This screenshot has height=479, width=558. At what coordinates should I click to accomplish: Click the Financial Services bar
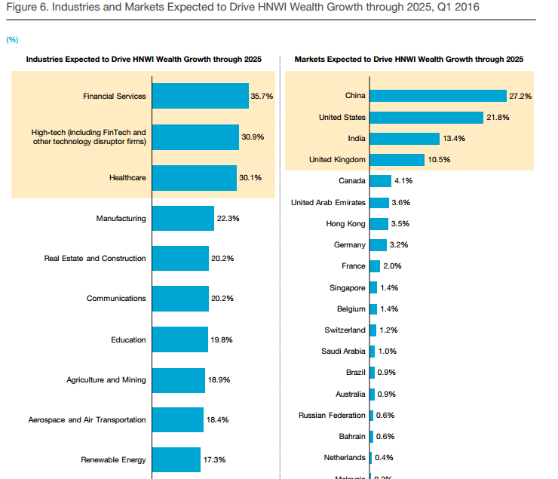point(201,96)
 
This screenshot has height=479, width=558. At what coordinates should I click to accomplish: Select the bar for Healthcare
point(195,178)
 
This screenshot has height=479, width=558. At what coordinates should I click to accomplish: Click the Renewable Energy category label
point(113,459)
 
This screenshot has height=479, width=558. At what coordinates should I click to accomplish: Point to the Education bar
point(180,339)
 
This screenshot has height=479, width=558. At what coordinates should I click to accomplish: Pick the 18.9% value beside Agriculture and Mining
point(219,380)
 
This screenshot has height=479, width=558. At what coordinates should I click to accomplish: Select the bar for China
point(437,96)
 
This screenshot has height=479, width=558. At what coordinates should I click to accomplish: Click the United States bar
point(426,118)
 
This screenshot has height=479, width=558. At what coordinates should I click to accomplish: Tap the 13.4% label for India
point(453,139)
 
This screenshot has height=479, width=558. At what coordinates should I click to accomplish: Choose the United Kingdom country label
point(337,160)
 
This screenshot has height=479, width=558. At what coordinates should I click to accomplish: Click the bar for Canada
point(380,181)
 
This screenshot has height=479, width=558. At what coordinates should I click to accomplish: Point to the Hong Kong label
point(346,224)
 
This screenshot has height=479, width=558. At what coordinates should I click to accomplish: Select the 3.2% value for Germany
point(400,245)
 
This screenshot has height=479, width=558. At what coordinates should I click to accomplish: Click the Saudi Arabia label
point(343,352)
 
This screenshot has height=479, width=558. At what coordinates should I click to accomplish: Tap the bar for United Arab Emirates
point(379,203)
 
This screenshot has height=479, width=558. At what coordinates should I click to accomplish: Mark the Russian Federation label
point(332,415)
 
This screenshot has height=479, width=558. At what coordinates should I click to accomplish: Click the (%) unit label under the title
point(12,38)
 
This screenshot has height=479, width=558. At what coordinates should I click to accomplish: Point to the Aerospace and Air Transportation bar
point(178,420)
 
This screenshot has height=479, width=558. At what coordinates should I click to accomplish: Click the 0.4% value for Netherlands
point(384,458)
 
